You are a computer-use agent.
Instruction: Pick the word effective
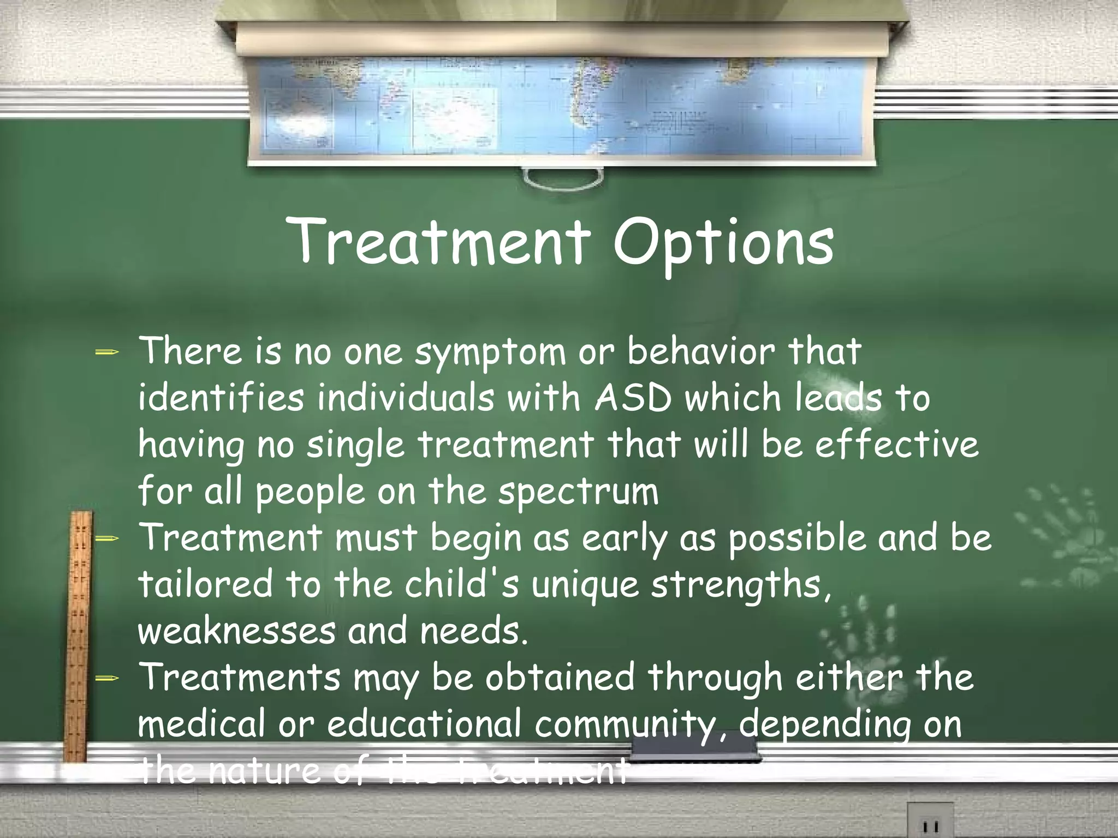tap(897, 444)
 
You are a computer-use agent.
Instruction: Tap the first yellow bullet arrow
tap(106, 352)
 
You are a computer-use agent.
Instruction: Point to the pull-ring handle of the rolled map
tap(563, 178)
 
